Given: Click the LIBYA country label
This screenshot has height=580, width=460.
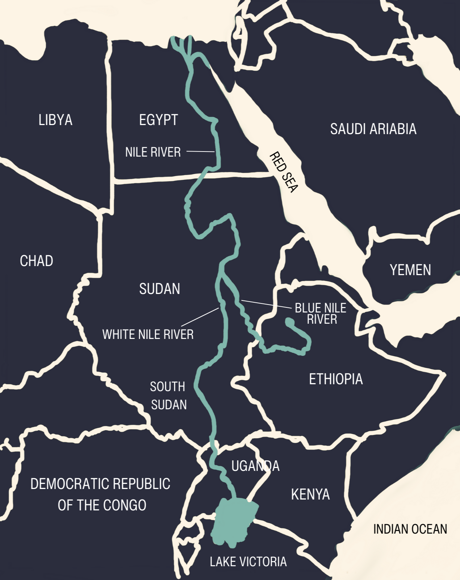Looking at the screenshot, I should (55, 120).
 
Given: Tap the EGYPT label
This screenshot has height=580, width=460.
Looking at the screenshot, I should (158, 120).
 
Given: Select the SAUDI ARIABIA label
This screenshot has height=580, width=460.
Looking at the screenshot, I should (373, 129).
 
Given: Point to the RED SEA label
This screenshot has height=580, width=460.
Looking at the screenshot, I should (284, 172).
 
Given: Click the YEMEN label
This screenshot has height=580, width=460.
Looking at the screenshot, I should (410, 270).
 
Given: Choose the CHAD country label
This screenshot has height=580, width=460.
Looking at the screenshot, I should (37, 261).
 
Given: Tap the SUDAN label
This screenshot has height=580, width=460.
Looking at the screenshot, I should (159, 289).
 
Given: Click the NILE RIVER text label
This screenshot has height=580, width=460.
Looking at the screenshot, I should (153, 152).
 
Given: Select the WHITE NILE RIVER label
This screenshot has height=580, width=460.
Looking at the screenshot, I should (148, 334).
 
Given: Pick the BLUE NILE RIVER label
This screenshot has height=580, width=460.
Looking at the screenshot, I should (321, 314).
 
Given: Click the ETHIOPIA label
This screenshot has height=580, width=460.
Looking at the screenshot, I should (336, 379).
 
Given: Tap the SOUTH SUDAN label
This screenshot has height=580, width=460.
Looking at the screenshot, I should (168, 395).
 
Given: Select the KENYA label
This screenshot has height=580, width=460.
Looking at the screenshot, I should (310, 494).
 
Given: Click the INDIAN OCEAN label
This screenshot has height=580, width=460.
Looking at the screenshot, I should (410, 529).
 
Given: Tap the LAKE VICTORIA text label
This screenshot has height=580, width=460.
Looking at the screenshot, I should (248, 562).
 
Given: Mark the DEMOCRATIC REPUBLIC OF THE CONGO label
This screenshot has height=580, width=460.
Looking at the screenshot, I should (101, 494).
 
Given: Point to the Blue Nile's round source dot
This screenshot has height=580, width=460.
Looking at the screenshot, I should (289, 322).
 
